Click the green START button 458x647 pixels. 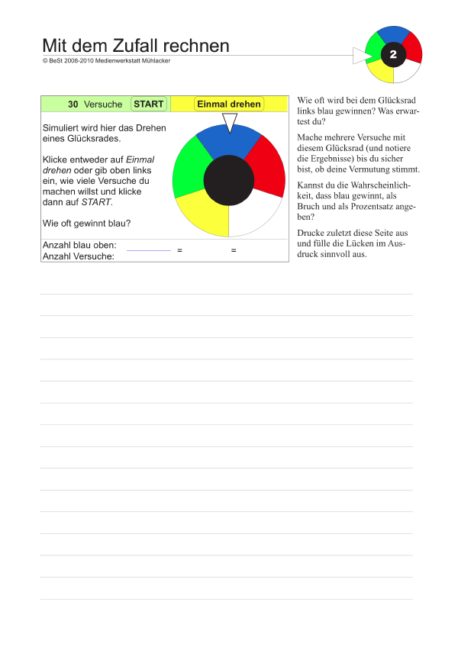click(149, 104)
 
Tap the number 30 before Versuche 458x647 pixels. click(73, 104)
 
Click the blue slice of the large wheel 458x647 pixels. click(228, 141)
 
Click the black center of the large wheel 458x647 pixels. click(229, 181)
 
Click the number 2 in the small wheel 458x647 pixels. click(393, 55)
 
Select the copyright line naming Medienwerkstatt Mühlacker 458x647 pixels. click(107, 61)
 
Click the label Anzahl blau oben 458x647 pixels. click(80, 245)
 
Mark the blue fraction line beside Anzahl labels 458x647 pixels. click(149, 250)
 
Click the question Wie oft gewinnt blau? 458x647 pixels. click(86, 223)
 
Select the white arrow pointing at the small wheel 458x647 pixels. click(360, 56)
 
